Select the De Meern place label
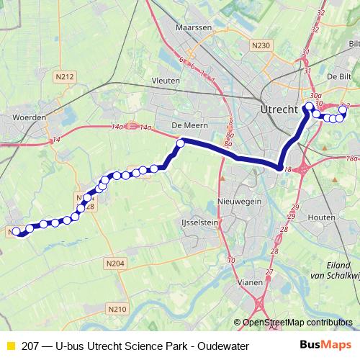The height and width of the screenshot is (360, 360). [185, 124]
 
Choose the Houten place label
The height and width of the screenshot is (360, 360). [320, 217]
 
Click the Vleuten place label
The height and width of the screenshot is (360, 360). [166, 81]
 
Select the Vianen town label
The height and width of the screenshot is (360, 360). [251, 282]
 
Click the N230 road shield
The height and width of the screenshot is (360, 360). [261, 45]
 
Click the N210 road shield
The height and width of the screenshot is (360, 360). [118, 309]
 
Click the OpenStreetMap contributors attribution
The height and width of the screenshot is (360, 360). [295, 323]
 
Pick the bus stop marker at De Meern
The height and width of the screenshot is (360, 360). [181, 143]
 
